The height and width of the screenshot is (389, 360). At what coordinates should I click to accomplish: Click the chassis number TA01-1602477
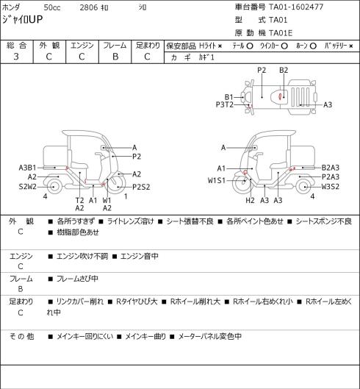[296, 7]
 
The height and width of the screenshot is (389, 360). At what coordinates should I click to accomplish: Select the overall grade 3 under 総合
[16, 57]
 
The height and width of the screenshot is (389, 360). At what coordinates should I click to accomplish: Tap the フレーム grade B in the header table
[115, 57]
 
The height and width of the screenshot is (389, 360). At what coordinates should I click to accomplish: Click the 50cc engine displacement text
[52, 7]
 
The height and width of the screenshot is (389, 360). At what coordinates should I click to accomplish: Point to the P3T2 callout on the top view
[225, 104]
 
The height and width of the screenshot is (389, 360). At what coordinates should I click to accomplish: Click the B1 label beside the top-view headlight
[229, 97]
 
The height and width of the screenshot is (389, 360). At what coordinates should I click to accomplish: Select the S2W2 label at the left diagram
[28, 187]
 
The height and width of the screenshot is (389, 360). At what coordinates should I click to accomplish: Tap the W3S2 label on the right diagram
[331, 187]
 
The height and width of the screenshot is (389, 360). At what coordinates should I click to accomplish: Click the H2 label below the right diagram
[251, 200]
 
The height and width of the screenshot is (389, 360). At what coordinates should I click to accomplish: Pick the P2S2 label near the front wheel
[141, 187]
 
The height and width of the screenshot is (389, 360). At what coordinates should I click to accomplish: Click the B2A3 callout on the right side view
[331, 168]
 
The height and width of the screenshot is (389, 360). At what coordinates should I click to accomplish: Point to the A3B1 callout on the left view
[27, 168]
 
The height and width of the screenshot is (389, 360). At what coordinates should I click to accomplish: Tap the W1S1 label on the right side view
[217, 181]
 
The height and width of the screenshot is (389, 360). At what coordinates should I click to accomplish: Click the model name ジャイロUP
[22, 20]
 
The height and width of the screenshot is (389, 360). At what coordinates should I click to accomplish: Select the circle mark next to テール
[250, 46]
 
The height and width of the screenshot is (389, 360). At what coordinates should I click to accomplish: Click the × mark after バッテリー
[351, 46]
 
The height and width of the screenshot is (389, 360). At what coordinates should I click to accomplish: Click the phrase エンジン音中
[140, 256]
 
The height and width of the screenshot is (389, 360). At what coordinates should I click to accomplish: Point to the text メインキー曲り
[145, 336]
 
